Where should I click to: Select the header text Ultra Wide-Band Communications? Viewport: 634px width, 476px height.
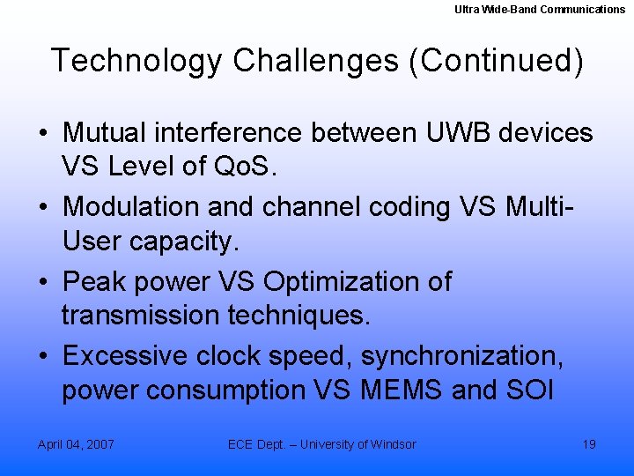click(x=540, y=9)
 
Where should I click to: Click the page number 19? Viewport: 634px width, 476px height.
click(x=589, y=444)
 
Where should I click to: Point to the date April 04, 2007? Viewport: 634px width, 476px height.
click(x=76, y=444)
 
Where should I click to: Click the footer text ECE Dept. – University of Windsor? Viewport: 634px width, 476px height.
click(x=322, y=444)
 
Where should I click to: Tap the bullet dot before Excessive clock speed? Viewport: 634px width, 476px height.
click(x=43, y=356)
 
